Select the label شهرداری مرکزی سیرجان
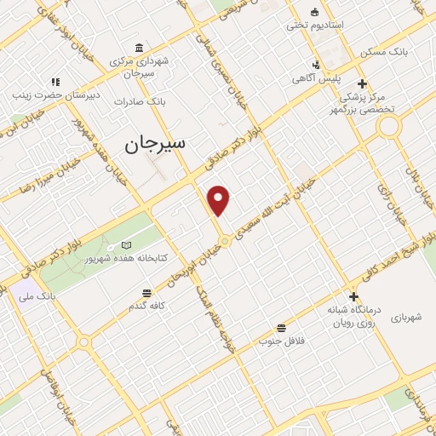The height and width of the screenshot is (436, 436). coord(141,67)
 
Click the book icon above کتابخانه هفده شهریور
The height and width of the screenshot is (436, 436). coord(127,244)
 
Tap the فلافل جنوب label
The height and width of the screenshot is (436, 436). coord(281,341)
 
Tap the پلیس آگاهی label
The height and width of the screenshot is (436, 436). coord(318,78)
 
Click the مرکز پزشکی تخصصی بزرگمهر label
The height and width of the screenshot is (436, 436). coord(364,103)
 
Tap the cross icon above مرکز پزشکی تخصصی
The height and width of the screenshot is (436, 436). coord(363,83)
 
